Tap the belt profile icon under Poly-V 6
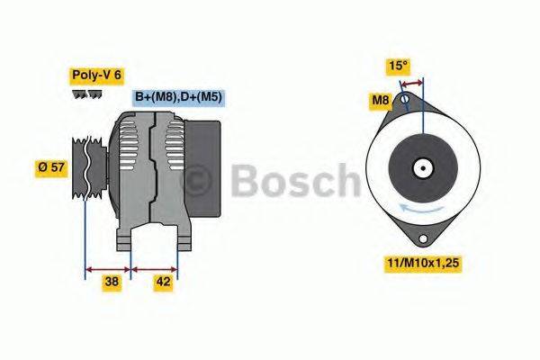pyautogui.click(x=87, y=93)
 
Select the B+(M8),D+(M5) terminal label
pyautogui.click(x=178, y=96)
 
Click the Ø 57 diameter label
pyautogui.click(x=51, y=166)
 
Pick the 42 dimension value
pyautogui.click(x=163, y=282)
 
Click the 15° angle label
pyautogui.click(x=398, y=66)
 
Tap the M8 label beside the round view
pyautogui.click(x=382, y=100)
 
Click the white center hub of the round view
pyautogui.click(x=421, y=167)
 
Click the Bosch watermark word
pyautogui.click(x=296, y=181)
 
